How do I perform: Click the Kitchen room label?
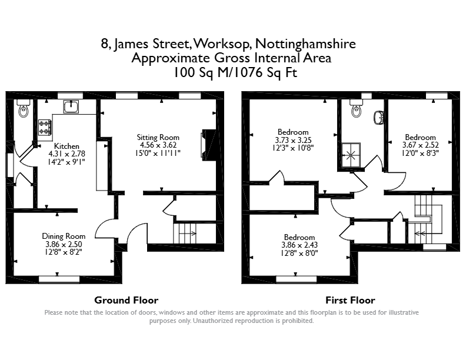click(66, 146)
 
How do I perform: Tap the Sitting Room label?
click(158, 137)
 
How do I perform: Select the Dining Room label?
click(64, 236)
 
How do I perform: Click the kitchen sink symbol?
click(71, 106)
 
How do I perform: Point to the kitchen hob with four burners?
click(45, 127)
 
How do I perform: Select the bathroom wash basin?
click(378, 117)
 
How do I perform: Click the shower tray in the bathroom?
click(351, 155)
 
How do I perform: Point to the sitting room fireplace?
click(208, 145)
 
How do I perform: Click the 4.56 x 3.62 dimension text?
click(158, 145)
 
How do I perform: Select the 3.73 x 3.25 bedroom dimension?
click(293, 140)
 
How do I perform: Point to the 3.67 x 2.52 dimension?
click(420, 145)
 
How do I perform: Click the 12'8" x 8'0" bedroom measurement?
click(299, 253)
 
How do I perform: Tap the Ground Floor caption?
click(127, 301)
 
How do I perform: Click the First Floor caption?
click(350, 301)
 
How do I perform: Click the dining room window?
click(59, 279)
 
